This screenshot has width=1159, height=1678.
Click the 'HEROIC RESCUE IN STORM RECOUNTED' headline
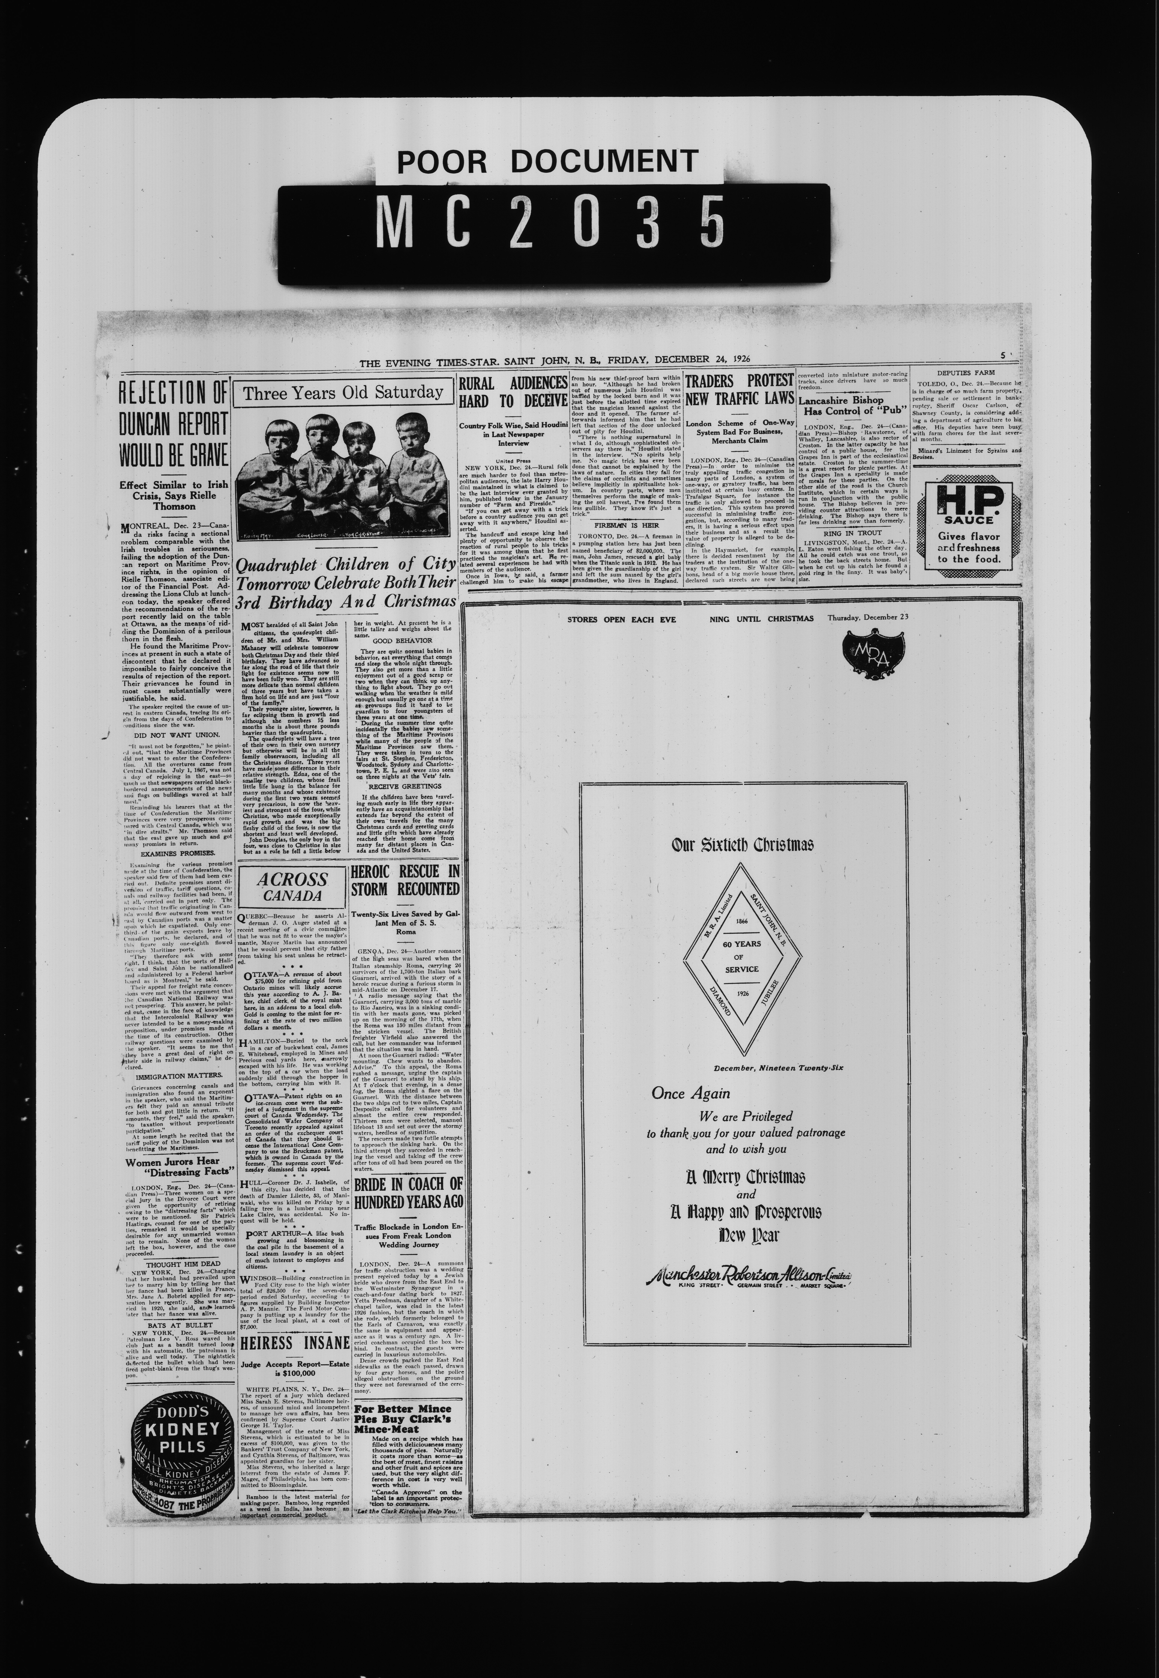(405, 880)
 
